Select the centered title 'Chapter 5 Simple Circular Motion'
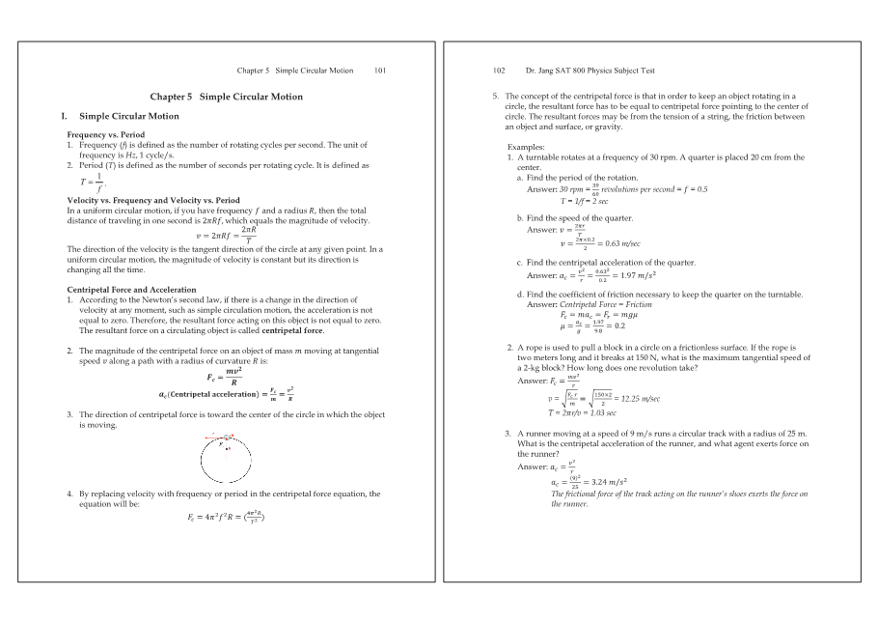(226, 97)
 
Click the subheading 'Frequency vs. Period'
(105, 134)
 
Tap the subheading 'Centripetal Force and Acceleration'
(131, 290)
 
